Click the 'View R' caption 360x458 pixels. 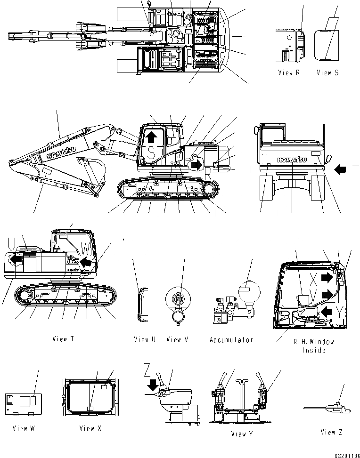pos(289,72)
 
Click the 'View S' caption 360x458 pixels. pos(327,72)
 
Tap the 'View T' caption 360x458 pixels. pos(63,339)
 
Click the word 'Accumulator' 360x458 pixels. pos(231,339)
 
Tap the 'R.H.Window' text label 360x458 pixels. pos(314,342)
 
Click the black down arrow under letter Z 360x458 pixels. pos(152,384)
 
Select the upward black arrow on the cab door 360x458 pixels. pos(151,137)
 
